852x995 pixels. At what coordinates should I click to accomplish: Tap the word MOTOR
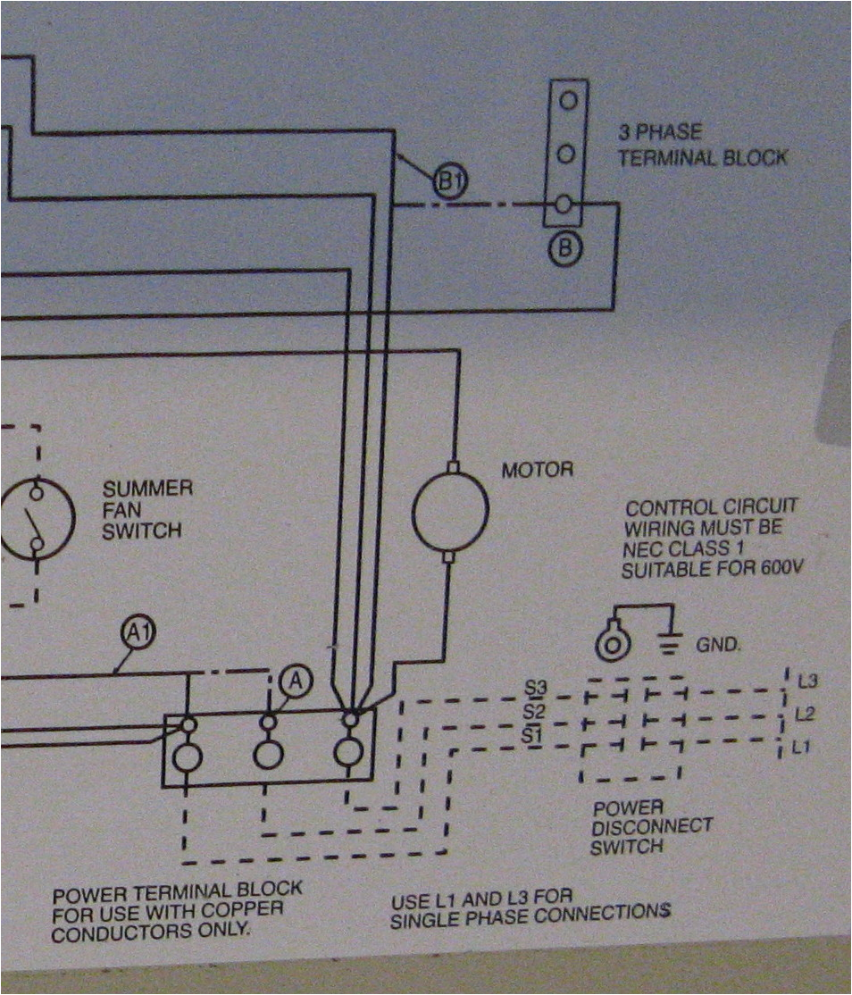pyautogui.click(x=537, y=469)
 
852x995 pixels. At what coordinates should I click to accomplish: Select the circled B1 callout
pyautogui.click(x=449, y=182)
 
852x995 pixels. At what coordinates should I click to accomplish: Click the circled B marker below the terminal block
pyautogui.click(x=564, y=249)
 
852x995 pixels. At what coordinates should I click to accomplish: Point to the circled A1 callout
pyautogui.click(x=138, y=633)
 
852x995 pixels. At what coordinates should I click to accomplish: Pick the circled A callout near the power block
pyautogui.click(x=296, y=681)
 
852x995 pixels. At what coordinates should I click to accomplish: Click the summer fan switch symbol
pyautogui.click(x=34, y=518)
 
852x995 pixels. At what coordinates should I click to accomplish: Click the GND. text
pyautogui.click(x=717, y=644)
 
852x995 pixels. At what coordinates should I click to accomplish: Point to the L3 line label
pyautogui.click(x=806, y=681)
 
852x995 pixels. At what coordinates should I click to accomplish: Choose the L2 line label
pyautogui.click(x=805, y=715)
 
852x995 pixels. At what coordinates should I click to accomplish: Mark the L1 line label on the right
pyautogui.click(x=803, y=747)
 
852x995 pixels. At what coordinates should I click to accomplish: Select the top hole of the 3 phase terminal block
pyautogui.click(x=566, y=102)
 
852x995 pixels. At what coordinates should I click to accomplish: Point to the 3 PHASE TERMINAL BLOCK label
pyautogui.click(x=703, y=146)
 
